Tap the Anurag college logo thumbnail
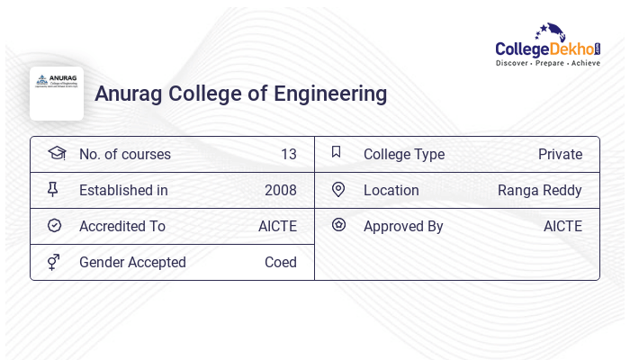pos(57,94)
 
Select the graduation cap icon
pos(56,153)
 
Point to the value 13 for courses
pos(288,154)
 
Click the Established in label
pos(123,190)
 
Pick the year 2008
pos(280,190)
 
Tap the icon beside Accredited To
pos(55,226)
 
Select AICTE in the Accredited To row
pos(277,226)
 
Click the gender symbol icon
pos(54,262)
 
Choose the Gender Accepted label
pos(132,262)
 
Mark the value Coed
pos(280,262)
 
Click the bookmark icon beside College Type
pos(337,153)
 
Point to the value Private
pos(560,154)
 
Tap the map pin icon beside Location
pos(338,189)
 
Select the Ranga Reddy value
pos(539,190)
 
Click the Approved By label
pos(403,226)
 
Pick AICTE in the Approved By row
pos(562,226)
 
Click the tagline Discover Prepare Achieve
pos(548,64)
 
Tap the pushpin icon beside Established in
pos(53,189)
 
